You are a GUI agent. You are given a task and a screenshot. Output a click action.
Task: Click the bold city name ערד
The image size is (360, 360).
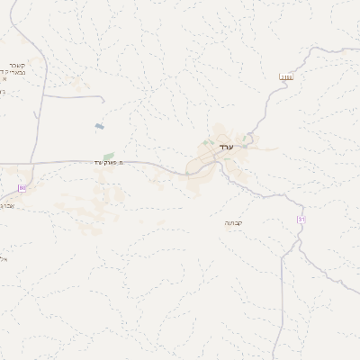click(x=226, y=147)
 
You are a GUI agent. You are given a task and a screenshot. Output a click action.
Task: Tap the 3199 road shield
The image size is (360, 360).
click(x=287, y=76)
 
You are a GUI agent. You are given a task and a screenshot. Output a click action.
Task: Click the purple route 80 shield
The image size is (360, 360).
click(x=22, y=187)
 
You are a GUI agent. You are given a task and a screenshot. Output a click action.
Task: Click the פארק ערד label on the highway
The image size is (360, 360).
click(x=107, y=163)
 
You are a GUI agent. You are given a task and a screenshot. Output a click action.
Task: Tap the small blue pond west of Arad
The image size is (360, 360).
click(x=98, y=126)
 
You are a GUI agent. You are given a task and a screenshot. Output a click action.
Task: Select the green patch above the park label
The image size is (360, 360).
click(x=109, y=155)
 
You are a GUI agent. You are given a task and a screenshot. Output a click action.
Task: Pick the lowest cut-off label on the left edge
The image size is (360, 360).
click(x=3, y=258)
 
